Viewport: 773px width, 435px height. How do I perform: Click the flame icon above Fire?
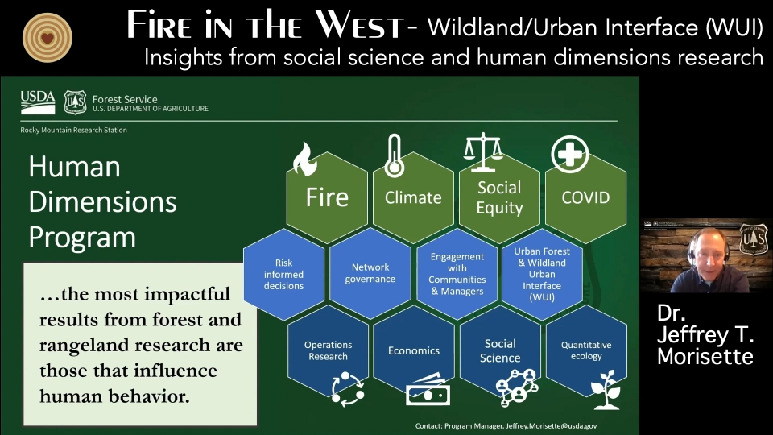(x=304, y=159)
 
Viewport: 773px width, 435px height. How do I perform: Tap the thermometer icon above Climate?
(x=394, y=155)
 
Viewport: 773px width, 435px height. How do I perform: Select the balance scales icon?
(x=483, y=152)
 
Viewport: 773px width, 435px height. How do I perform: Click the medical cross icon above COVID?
(x=570, y=154)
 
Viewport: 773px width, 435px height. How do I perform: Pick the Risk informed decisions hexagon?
(x=284, y=274)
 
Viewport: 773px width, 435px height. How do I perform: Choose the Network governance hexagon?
(x=370, y=273)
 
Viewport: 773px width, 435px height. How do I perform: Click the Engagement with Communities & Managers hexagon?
(x=457, y=274)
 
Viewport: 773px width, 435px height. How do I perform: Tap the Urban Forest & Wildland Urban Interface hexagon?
(x=542, y=274)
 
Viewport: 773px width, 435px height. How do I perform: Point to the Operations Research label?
(x=329, y=350)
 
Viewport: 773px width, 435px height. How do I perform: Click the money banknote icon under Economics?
(x=428, y=390)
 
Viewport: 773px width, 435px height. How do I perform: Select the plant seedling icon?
(x=606, y=390)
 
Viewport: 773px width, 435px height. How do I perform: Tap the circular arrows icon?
(x=348, y=389)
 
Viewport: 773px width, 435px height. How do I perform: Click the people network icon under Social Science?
(x=517, y=387)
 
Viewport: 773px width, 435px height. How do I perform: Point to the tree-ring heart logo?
(x=48, y=38)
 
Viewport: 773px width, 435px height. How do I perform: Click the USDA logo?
(x=38, y=102)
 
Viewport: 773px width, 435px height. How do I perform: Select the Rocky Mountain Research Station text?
(x=73, y=130)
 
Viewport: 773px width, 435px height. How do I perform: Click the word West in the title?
(x=360, y=26)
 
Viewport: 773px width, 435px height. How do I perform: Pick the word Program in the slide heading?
(x=82, y=238)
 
